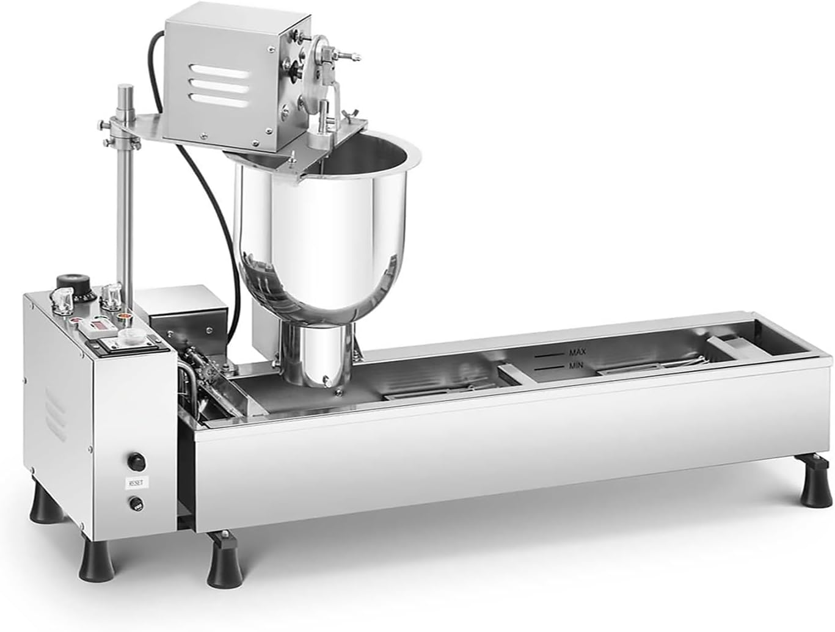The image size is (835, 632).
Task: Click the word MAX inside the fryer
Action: pyautogui.click(x=577, y=352)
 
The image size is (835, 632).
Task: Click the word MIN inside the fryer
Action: pyautogui.click(x=575, y=366)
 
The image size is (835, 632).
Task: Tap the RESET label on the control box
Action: pyautogui.click(x=134, y=482)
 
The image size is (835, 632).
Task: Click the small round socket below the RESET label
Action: pyautogui.click(x=136, y=503)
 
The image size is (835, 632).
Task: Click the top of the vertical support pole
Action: pyautogui.click(x=125, y=90)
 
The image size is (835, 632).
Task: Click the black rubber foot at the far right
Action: pyautogui.click(x=816, y=488)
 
